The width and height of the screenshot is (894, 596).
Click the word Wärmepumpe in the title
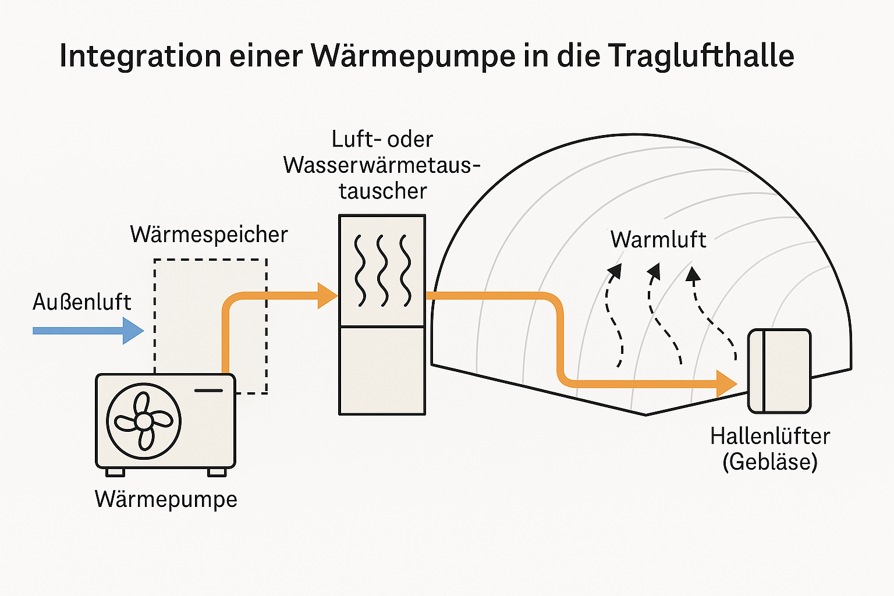tap(413, 56)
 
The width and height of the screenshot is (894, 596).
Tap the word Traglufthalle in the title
tap(701, 56)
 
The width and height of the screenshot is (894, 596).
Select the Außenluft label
tap(82, 302)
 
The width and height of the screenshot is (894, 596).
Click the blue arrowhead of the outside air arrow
tap(134, 331)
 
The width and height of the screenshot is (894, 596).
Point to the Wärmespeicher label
tap(209, 235)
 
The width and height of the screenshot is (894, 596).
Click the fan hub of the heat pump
tap(144, 421)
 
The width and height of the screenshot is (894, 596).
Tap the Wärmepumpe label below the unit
tap(166, 499)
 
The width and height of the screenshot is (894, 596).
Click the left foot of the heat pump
tap(115, 472)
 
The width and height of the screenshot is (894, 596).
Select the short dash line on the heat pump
tap(208, 390)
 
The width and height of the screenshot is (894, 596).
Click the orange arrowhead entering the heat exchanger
tap(328, 296)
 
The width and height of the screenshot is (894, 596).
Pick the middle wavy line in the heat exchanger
tap(382, 271)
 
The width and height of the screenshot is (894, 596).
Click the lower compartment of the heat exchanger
tap(382, 370)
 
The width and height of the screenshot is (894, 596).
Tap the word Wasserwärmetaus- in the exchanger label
tap(382, 165)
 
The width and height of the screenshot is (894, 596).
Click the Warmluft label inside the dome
tap(658, 240)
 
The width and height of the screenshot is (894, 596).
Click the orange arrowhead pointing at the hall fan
tap(726, 384)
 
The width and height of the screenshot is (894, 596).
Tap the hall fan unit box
tap(779, 371)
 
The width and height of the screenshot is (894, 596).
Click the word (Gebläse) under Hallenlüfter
tap(770, 462)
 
